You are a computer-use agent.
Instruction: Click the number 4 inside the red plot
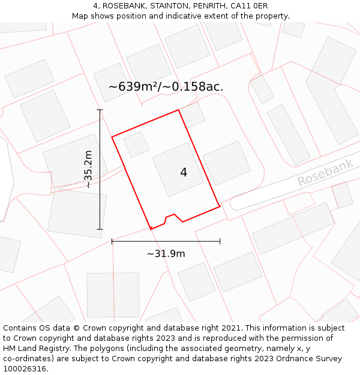coord(184,173)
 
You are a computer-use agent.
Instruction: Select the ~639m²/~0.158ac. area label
coord(166,86)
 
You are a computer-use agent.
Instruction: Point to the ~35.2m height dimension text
coord(88,169)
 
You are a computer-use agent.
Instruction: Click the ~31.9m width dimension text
coord(166,253)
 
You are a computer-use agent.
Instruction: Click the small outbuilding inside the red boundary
coord(136,144)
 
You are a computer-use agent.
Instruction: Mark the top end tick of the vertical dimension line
coord(100,110)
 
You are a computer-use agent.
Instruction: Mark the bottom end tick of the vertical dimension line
coord(100,229)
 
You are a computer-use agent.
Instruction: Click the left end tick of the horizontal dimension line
coord(112,241)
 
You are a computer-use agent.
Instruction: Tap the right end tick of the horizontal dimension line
coord(220,241)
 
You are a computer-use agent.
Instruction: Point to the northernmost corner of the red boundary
coord(179,110)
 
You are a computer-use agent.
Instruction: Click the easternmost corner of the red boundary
coord(220,206)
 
